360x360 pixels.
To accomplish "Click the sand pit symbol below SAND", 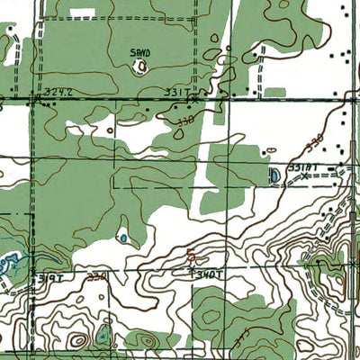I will tap(140, 66).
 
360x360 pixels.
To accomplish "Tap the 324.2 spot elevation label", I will tap(55, 93).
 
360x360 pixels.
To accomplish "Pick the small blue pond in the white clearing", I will tap(122, 238).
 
